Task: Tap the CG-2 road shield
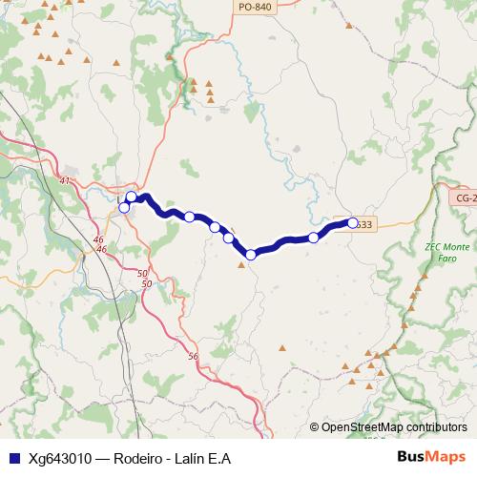coord(464,197)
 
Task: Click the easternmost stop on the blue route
coord(353,223)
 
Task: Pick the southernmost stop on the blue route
coord(251,255)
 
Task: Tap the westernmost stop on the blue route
coord(124,207)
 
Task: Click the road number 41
coord(65,180)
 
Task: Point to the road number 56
coord(194,356)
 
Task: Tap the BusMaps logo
coord(432,458)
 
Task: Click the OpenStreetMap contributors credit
coord(394,427)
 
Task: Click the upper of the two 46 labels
coord(99,239)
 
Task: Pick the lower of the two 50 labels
coord(145,284)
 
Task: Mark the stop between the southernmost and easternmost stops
coord(314,237)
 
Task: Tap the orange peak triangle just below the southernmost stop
coord(241,266)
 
